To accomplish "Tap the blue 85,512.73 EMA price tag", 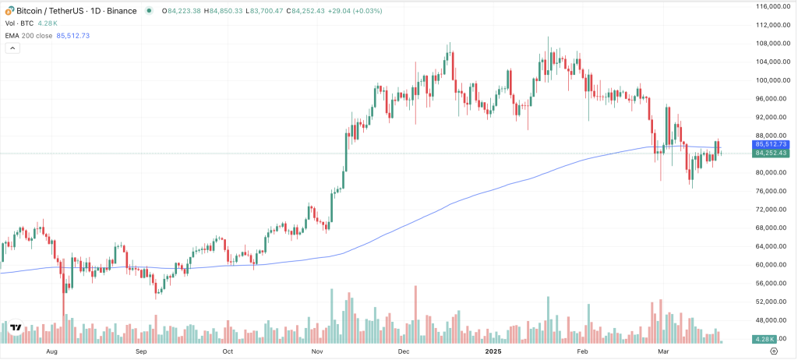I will point(771,144).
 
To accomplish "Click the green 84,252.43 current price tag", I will point(771,154).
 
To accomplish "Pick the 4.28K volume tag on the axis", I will point(763,340).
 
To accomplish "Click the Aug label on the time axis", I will point(51,352).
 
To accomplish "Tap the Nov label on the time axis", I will point(316,352).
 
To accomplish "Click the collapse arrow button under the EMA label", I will point(12,48).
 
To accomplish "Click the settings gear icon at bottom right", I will point(785,352).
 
